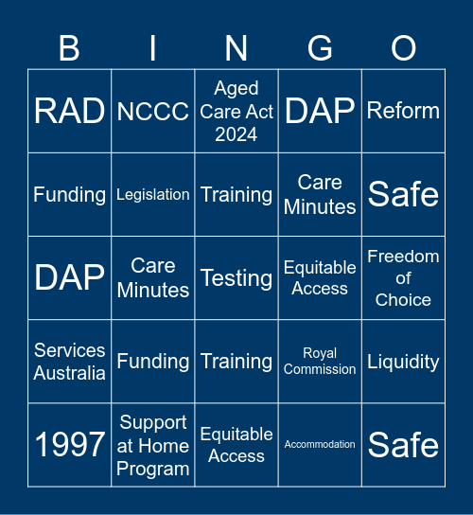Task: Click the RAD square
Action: click(70, 112)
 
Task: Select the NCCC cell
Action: click(153, 112)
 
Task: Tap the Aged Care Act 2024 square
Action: click(236, 112)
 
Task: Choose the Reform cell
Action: click(403, 112)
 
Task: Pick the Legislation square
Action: click(153, 195)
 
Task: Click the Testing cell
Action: click(236, 278)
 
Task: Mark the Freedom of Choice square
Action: click(403, 278)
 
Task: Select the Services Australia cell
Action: click(70, 362)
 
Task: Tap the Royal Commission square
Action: click(320, 362)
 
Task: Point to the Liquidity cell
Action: click(403, 362)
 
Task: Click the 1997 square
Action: click(70, 445)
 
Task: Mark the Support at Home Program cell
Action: click(153, 445)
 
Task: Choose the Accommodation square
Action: click(320, 445)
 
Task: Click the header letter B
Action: click(70, 48)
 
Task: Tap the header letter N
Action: click(236, 48)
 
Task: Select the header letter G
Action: click(320, 48)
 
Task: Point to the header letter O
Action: click(403, 48)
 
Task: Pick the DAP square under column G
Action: click(320, 112)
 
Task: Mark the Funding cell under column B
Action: click(70, 195)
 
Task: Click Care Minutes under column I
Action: click(153, 278)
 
